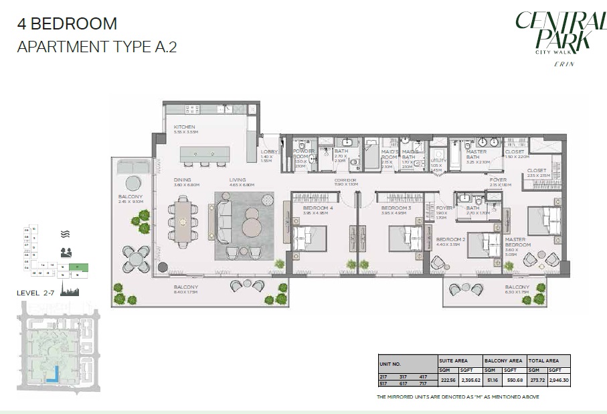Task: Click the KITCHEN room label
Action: (x=184, y=127)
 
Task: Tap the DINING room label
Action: (x=182, y=180)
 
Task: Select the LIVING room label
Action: (x=237, y=180)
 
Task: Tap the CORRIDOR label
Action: (x=347, y=181)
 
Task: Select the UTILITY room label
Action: (x=438, y=161)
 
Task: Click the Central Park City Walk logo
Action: (x=553, y=37)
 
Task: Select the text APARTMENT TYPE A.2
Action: (x=96, y=48)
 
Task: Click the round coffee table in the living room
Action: (x=253, y=226)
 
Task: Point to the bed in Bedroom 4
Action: (x=309, y=238)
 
